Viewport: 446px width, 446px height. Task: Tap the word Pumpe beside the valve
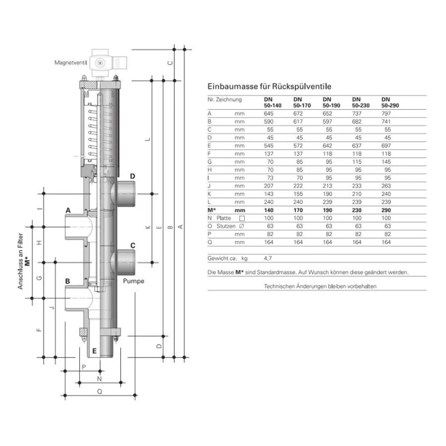click(134, 281)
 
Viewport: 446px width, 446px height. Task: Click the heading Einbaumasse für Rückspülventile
click(270, 87)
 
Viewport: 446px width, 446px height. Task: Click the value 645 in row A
click(269, 113)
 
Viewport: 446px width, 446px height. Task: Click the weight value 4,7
click(268, 259)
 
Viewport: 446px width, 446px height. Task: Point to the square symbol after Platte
click(241, 218)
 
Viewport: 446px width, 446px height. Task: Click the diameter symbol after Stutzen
click(241, 226)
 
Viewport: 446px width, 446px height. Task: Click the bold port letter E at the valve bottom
click(95, 351)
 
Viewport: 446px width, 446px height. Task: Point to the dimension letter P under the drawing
click(84, 367)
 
